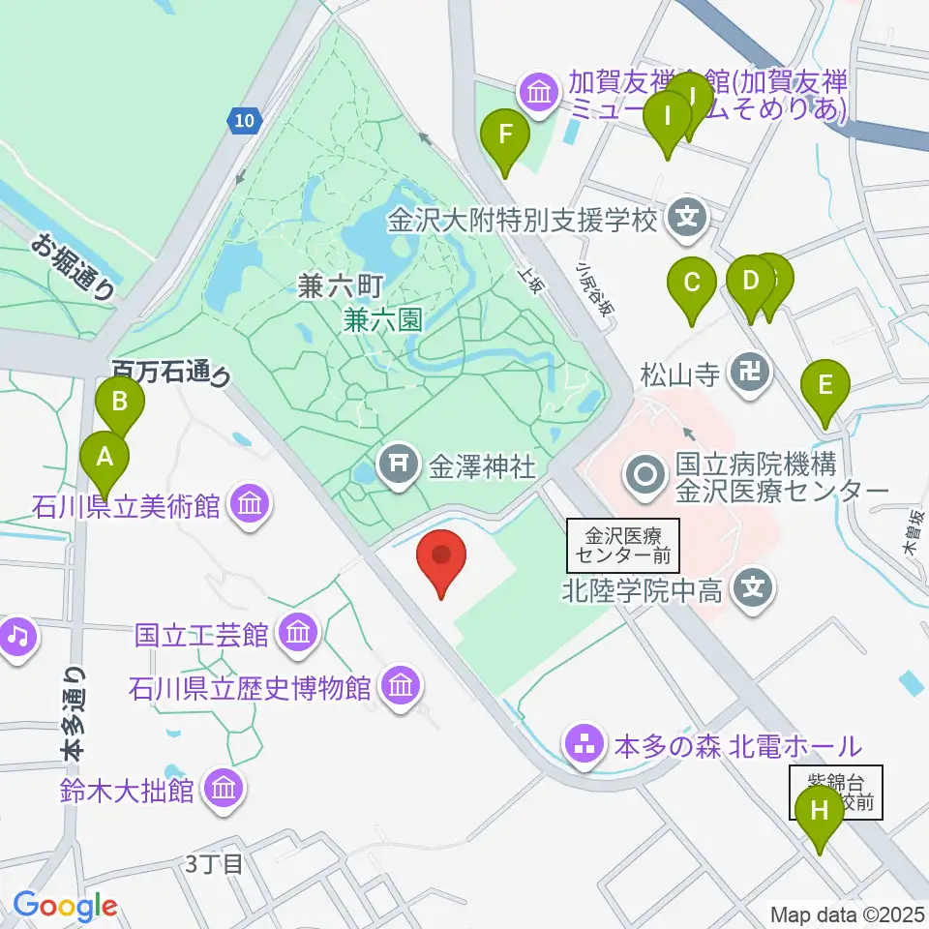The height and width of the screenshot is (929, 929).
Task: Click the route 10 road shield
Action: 245,120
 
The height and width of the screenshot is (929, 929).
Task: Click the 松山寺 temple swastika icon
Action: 751,372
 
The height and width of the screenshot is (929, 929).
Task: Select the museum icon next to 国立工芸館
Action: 297,635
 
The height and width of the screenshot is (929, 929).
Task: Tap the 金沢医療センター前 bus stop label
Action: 624,545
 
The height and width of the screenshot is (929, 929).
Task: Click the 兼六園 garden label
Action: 384,318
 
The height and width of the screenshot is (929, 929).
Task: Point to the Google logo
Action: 65,906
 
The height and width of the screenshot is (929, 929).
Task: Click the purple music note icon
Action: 15,636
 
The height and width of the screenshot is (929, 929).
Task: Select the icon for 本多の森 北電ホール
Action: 584,746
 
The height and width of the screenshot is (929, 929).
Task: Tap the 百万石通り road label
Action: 171,374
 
